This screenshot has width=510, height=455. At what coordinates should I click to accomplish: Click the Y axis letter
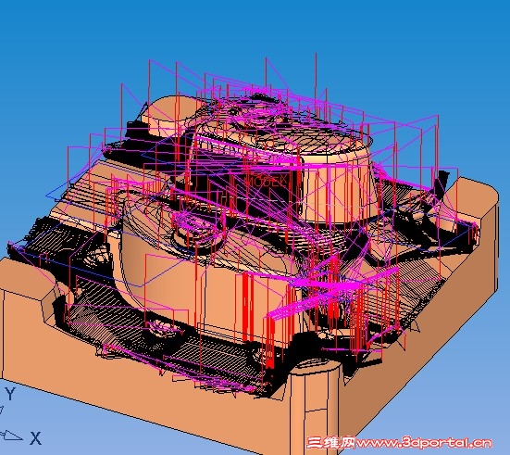pos(10,394)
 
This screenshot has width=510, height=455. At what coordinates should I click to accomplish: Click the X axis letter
pos(36,438)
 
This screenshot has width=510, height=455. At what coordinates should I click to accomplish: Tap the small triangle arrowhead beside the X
pos(12,436)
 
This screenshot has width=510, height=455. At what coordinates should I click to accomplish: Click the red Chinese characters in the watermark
pos(331,443)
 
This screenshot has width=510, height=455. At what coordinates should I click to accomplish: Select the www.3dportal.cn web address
pos(424,443)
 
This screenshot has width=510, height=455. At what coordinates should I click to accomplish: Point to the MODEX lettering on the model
pos(267,181)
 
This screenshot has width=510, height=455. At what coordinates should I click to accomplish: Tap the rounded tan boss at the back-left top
pos(169,114)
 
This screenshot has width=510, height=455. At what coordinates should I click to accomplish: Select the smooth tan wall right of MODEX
pos(338,192)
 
